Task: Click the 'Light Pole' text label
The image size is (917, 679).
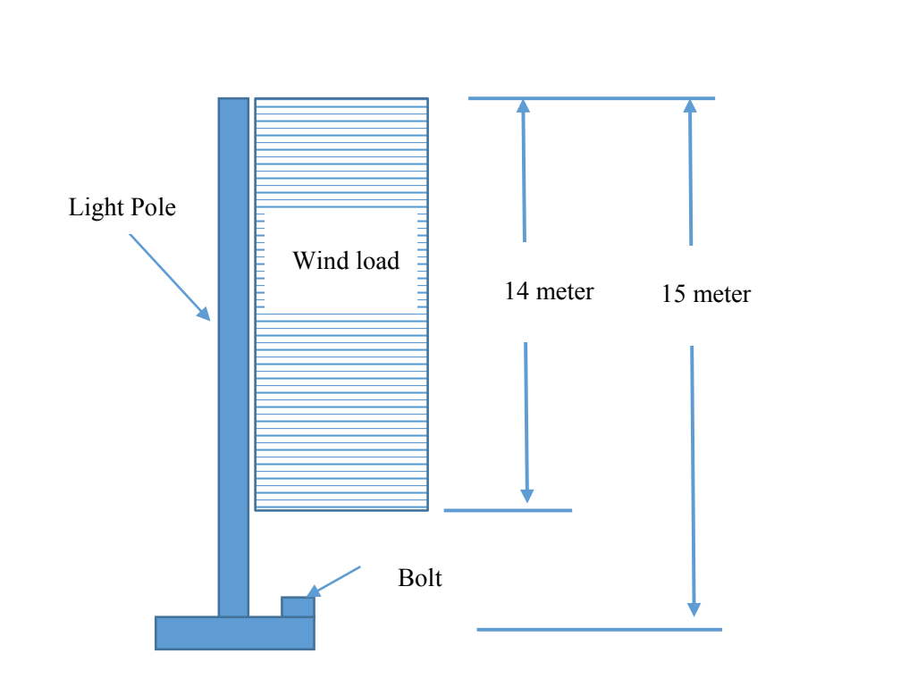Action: tap(122, 208)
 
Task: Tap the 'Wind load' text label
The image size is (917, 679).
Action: tap(346, 261)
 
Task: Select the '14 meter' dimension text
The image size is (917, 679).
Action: tap(549, 291)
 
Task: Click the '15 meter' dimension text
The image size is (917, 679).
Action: tap(706, 294)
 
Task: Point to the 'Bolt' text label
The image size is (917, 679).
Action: tap(420, 578)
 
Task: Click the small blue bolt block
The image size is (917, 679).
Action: tap(298, 607)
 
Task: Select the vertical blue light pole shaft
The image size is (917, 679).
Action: tap(233, 357)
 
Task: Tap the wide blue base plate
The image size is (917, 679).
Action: tap(234, 633)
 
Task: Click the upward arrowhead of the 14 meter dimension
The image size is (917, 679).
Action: tap(523, 105)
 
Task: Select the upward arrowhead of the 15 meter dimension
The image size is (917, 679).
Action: tap(689, 105)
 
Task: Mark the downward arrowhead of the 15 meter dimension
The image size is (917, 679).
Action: tap(694, 608)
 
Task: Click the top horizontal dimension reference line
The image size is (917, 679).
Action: tap(591, 98)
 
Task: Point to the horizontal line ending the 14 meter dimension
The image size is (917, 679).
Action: tap(507, 510)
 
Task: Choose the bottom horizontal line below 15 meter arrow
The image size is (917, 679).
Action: tap(599, 630)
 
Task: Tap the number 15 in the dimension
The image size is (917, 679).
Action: tap(673, 294)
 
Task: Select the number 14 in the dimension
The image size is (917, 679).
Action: tap(516, 291)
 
